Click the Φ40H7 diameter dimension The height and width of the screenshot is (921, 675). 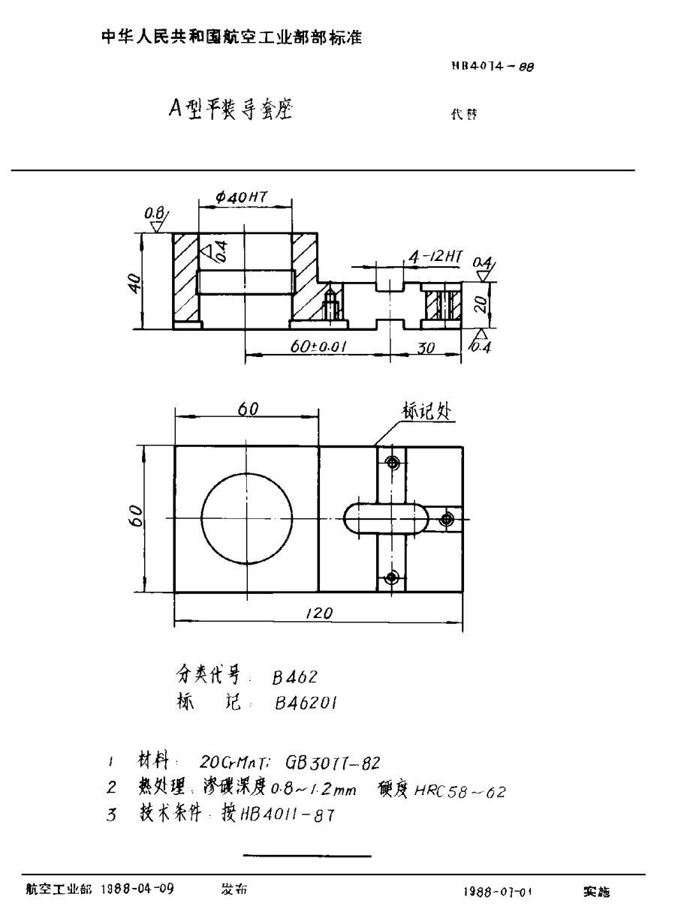coord(242,196)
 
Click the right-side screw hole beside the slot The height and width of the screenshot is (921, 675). coord(447,519)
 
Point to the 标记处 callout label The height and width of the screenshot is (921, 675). coord(426,411)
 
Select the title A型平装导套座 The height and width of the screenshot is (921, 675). coord(231,111)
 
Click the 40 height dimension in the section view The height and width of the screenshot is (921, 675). coord(134,283)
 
